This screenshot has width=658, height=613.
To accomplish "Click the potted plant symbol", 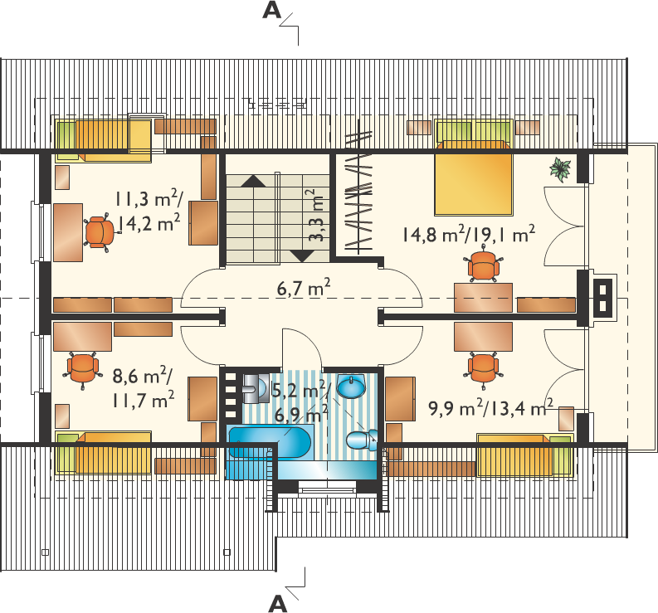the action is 560,169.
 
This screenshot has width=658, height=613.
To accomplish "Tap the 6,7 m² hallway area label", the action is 304,288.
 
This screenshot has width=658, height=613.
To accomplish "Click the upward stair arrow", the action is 253,182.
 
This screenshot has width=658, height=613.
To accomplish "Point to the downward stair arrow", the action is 303,256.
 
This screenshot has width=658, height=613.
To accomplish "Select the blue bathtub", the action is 270,442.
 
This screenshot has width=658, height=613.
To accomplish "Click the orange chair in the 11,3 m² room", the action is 99,232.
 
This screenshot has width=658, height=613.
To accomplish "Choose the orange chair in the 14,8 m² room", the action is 484,265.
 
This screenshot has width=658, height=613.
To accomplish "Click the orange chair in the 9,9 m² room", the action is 484,368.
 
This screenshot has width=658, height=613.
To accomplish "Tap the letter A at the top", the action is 271,11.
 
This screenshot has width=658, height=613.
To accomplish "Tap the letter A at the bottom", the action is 278,604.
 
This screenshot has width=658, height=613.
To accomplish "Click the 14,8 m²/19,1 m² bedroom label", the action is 469,234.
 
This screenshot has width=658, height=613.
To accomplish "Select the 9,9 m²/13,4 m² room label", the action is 490,408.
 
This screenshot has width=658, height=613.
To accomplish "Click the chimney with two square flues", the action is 603,298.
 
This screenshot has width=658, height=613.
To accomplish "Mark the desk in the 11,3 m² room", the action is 68,232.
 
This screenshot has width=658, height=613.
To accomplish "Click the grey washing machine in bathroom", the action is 257,388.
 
